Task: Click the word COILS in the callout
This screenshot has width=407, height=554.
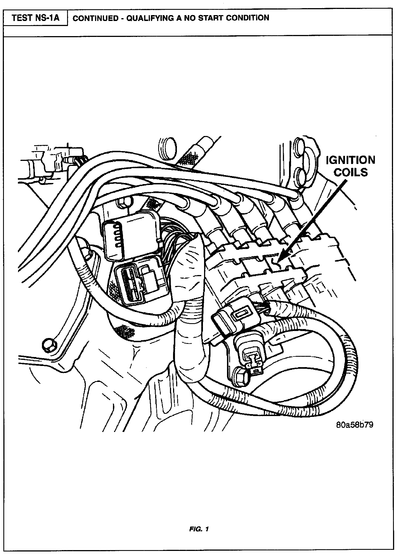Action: (x=351, y=172)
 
